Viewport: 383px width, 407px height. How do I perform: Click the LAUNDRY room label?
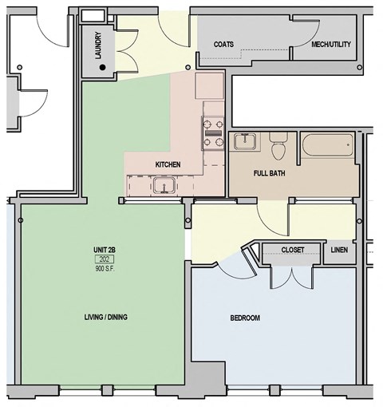point(97,46)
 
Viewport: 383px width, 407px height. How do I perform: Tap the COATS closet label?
point(224,44)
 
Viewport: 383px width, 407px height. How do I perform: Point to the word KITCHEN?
point(168,164)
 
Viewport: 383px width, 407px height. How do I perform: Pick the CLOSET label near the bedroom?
point(293,250)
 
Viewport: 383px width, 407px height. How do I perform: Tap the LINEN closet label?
point(339,250)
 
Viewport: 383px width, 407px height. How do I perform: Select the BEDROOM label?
point(245,318)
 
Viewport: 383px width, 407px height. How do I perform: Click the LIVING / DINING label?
point(105,317)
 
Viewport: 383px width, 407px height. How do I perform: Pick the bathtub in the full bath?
point(326,145)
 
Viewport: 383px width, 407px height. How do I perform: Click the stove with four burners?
point(213,133)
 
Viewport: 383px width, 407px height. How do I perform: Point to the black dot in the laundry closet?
point(102,68)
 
